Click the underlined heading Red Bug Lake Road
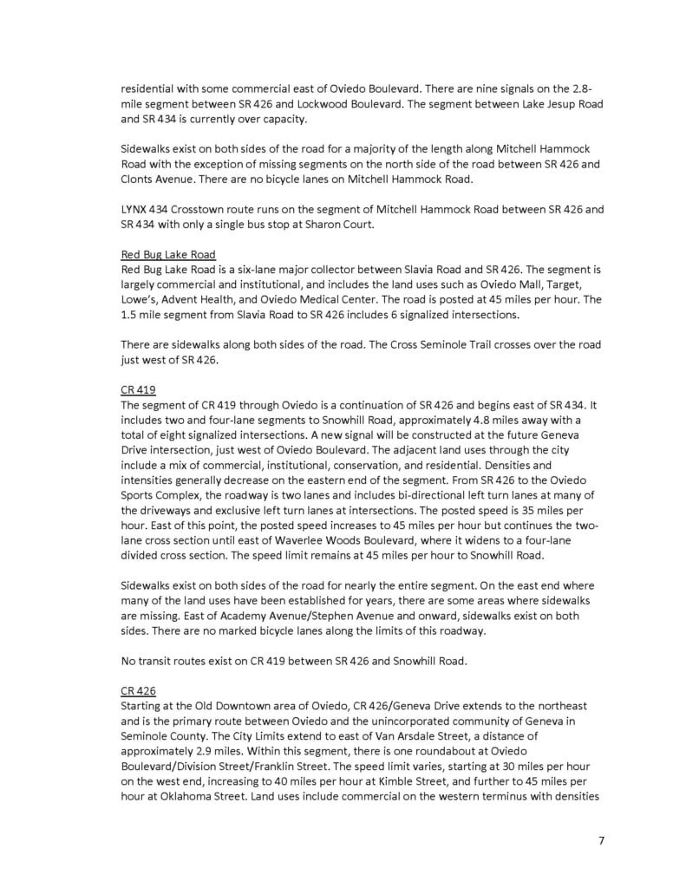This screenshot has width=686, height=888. [x=168, y=254]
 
